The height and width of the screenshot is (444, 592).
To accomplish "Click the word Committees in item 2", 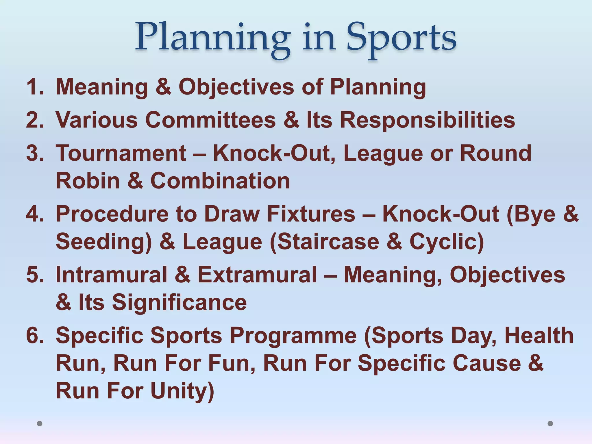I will coord(210,120).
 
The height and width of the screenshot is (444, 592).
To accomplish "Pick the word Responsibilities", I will coord(427,120).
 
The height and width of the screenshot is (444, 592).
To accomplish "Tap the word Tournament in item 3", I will coord(121,153).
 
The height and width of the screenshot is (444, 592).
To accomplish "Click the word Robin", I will coord(88,181).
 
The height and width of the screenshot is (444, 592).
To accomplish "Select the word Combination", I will coord(220,181).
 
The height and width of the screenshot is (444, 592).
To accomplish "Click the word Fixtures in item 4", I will coord(311,214).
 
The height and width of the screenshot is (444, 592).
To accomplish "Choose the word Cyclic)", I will coord(447,242).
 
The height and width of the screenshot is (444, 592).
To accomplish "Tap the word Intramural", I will coord(112,275).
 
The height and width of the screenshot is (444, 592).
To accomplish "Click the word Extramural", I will coord(257,275).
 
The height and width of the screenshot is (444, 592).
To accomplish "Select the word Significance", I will coord(179,302).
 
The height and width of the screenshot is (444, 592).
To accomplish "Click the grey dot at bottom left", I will coord(40,423).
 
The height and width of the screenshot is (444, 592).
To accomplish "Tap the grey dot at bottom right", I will coord(550,423).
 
